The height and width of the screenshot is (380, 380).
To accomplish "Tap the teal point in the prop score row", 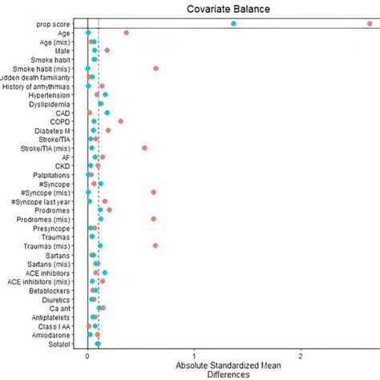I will pyautogui.click(x=233, y=24).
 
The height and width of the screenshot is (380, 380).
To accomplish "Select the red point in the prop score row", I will pyautogui.click(x=370, y=24).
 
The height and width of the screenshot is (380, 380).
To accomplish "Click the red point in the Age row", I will pyautogui.click(x=127, y=33).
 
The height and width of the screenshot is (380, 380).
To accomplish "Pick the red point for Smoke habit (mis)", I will pyautogui.click(x=156, y=68).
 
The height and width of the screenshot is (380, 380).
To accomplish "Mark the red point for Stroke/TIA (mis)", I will pyautogui.click(x=144, y=148).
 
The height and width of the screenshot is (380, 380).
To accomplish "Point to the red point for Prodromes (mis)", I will pyautogui.click(x=153, y=218).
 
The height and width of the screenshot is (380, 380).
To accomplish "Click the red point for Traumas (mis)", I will pyautogui.click(x=156, y=245).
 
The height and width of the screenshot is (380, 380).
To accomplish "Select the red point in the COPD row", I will pyautogui.click(x=121, y=121).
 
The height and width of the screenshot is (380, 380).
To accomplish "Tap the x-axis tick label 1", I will pyautogui.click(x=194, y=358).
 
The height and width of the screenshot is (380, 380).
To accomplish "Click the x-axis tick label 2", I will pyautogui.click(x=301, y=358).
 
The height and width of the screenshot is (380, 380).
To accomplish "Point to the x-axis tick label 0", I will pyautogui.click(x=87, y=358).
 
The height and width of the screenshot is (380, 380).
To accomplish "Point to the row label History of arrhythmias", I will pyautogui.click(x=39, y=86).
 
